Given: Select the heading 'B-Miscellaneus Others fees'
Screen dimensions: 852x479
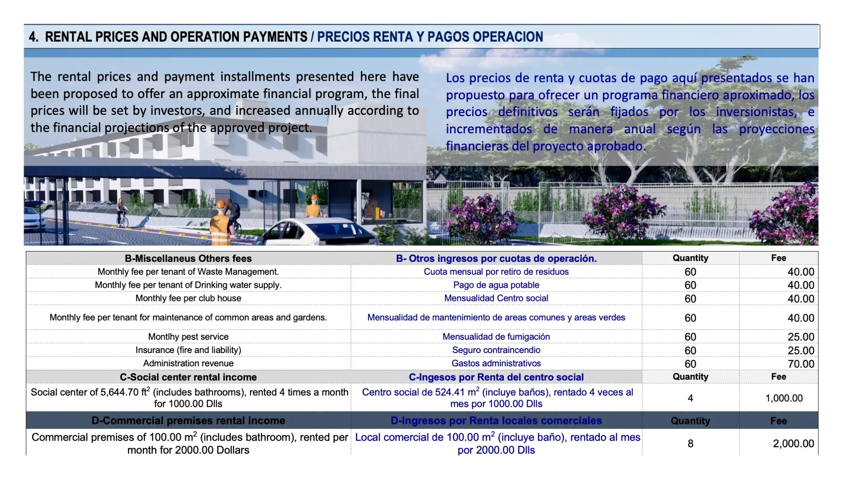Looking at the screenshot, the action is click(188, 258).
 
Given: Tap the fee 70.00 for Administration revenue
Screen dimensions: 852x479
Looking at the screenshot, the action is click(801, 364).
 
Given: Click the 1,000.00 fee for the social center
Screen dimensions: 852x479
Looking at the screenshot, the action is click(784, 398).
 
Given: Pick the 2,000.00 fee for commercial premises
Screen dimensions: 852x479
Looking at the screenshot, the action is click(793, 443).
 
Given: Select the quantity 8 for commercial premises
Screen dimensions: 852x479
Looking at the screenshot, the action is click(690, 443).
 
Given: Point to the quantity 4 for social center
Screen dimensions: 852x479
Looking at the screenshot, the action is click(690, 398).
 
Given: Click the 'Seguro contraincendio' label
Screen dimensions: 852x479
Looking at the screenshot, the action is click(496, 350).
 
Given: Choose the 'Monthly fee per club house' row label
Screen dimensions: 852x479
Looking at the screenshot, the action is click(188, 298).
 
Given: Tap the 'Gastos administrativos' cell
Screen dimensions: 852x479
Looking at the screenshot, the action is click(496, 363).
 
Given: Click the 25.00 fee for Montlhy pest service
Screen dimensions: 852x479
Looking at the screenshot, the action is click(801, 337).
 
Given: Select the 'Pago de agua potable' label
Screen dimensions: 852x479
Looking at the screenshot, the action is click(496, 285).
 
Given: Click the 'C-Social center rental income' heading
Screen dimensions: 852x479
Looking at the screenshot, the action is click(188, 377).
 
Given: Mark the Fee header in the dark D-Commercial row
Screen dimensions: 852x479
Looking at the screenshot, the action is click(778, 421).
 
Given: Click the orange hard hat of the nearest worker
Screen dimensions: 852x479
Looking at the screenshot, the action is click(221, 205).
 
